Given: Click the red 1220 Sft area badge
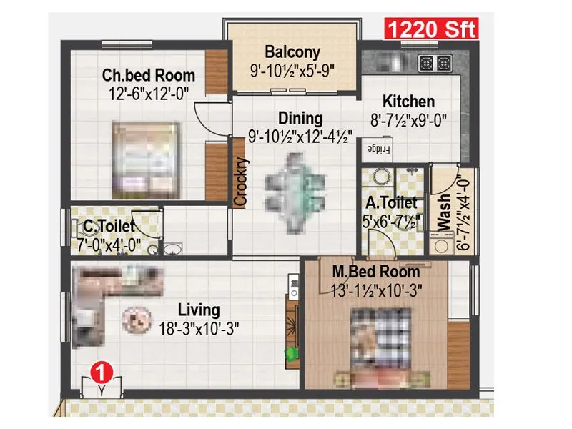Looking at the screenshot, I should point(431,29).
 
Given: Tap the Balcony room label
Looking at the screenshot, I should point(292,52).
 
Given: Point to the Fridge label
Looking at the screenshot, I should point(379,150).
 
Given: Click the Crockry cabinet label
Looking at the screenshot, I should point(241,182).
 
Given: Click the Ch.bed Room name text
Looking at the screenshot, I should point(149,74).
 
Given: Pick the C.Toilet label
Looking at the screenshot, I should point(109,227).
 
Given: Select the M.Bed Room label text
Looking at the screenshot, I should point(376,272).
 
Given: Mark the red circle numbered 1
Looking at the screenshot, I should point(103,372).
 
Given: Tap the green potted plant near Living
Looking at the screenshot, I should point(291,352).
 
